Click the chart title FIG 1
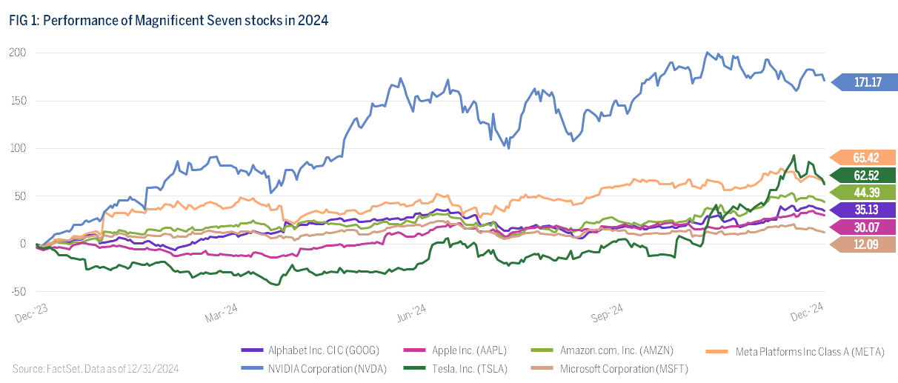169,21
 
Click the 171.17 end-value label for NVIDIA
865,81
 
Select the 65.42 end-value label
865,158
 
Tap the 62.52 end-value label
865,175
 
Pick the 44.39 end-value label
865,192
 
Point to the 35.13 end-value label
865,209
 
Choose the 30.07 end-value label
865,226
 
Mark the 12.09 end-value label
865,244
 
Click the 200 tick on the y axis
18,53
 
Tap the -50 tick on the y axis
18,291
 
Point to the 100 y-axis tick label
18,148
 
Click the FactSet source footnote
96,367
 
